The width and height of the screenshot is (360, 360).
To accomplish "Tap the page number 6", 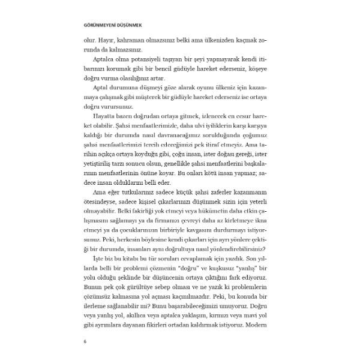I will tap(86, 342).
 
